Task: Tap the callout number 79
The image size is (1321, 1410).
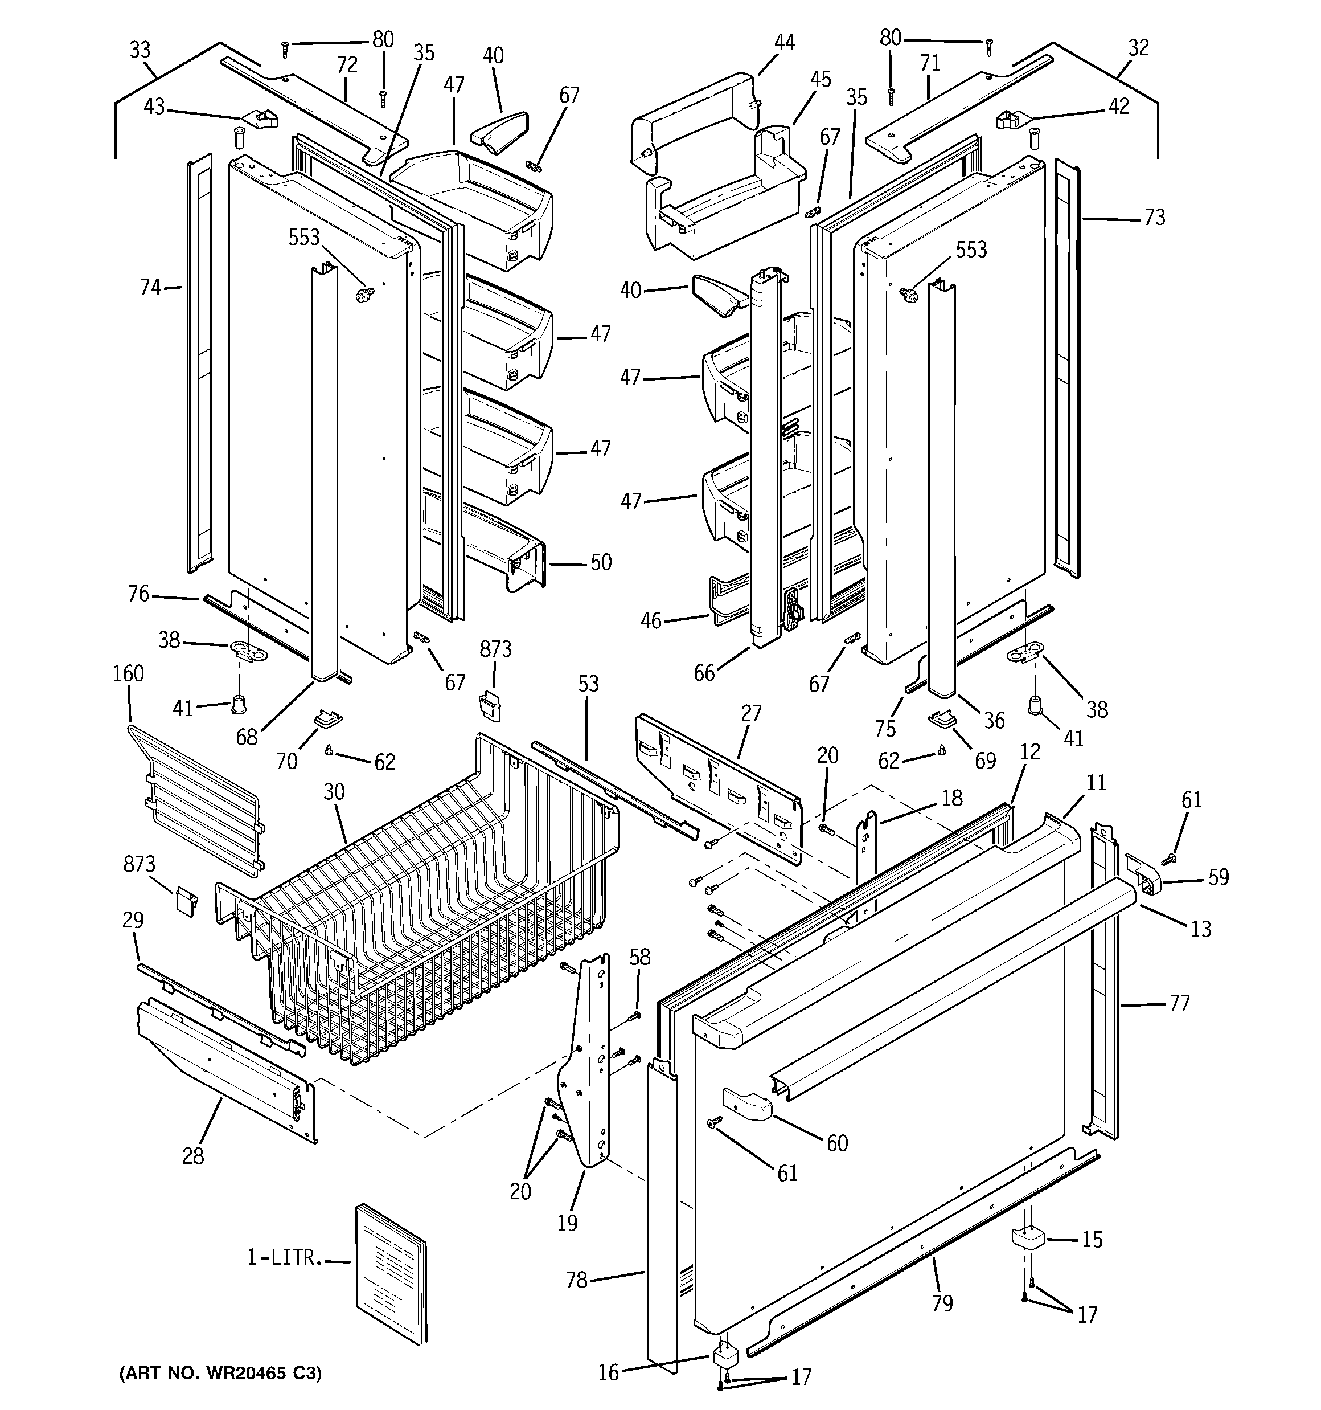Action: click(942, 1303)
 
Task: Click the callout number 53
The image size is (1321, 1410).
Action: click(588, 684)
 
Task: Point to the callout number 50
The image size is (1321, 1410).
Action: click(601, 562)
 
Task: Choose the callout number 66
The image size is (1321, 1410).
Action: click(704, 672)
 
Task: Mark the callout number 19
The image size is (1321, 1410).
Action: click(567, 1223)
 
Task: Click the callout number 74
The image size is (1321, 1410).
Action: click(150, 287)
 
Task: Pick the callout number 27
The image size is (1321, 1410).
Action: click(751, 712)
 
